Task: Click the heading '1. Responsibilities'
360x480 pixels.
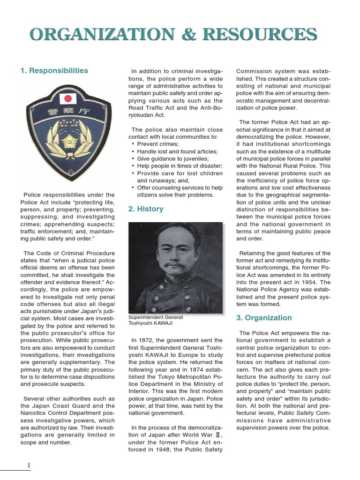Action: (x=54, y=71)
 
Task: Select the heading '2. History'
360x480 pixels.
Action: (x=146, y=209)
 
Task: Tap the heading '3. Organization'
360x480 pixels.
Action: (x=264, y=318)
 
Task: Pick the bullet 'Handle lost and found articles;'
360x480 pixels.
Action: (x=177, y=151)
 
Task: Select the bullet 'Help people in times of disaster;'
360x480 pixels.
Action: (x=180, y=166)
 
